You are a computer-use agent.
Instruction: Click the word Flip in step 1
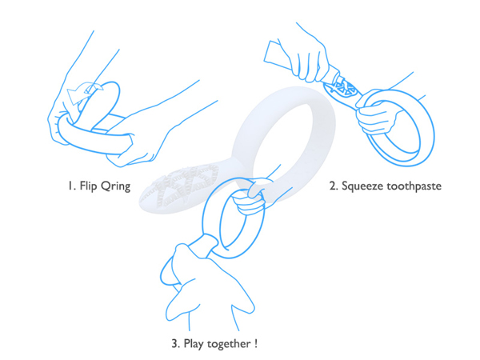pos(88,186)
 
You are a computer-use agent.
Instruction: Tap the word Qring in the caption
pos(115,186)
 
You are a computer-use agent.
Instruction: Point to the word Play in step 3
pos(194,344)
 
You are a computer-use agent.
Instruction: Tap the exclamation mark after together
pos(256,343)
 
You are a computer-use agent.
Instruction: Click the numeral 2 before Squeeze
pos(333,186)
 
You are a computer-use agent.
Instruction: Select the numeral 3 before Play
pos(175,343)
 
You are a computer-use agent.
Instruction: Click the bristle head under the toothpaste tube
pos(342,90)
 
